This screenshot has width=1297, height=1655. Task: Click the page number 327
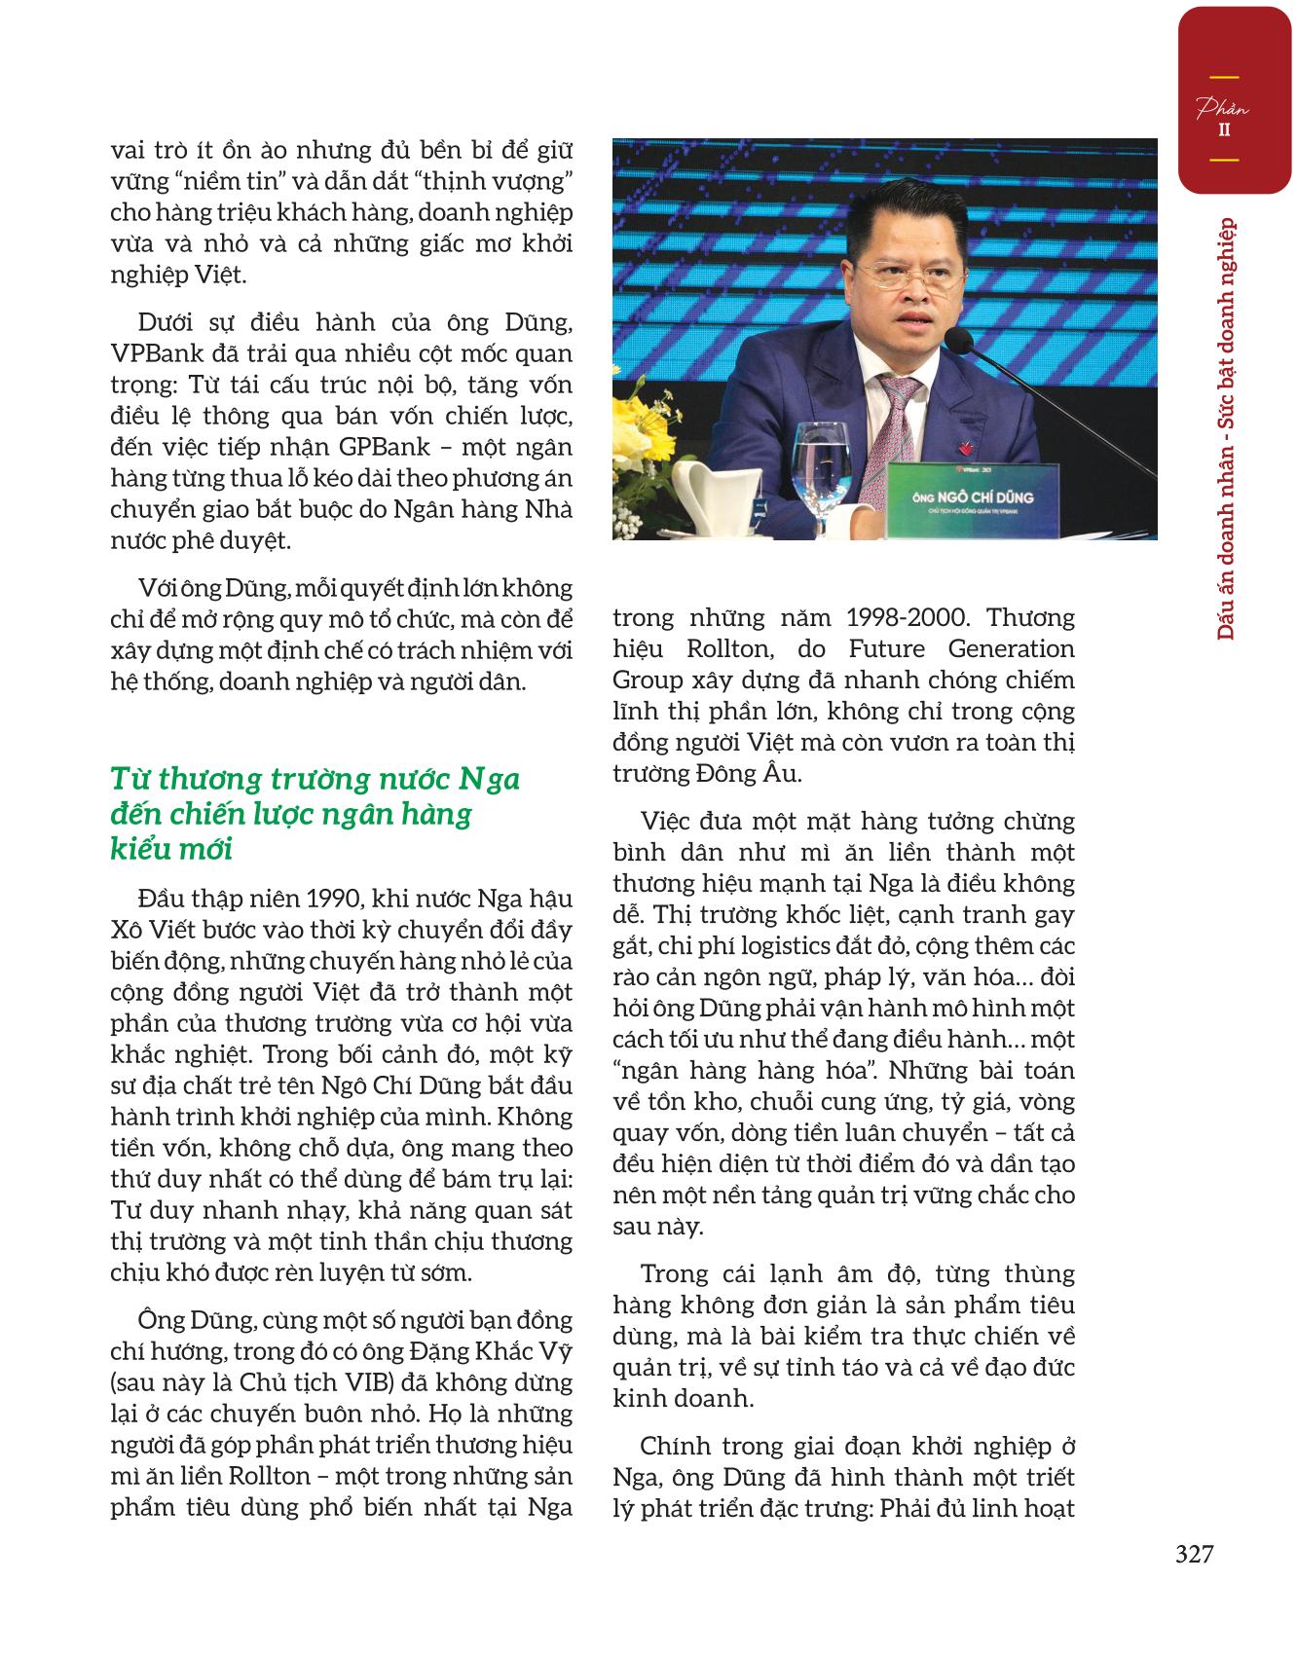click(x=1195, y=1553)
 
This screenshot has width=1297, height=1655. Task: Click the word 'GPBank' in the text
click(x=409, y=448)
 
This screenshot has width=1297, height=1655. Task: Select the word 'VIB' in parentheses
click(x=304, y=1382)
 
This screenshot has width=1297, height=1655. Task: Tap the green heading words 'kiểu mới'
click(x=170, y=849)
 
